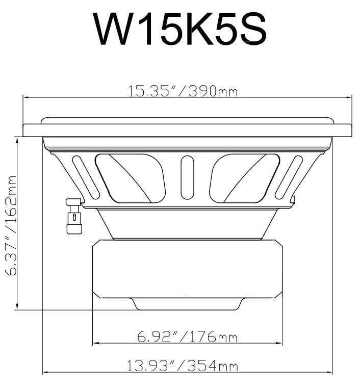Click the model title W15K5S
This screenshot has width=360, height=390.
pos(180,29)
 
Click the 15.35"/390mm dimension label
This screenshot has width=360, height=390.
pos(183,91)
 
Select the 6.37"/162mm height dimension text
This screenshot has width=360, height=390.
pos(11,225)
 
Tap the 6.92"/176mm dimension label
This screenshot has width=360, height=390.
pos(187,337)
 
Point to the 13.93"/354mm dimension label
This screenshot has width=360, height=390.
pos(183,366)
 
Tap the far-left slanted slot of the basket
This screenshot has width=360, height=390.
pos(86,176)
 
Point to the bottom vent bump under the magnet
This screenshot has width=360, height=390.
pos(187,304)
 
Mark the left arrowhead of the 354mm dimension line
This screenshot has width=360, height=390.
pos(45,373)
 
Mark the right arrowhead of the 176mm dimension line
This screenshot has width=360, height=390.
pos(279,343)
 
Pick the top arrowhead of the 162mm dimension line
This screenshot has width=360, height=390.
pos(18,139)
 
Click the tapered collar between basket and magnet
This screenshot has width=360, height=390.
pos(187,223)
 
